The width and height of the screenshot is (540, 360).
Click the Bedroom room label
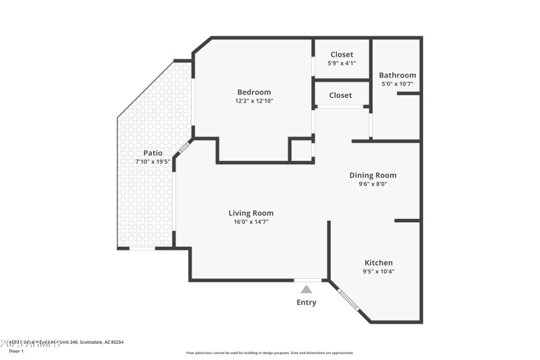254,92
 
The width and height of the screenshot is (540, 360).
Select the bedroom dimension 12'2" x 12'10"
254,101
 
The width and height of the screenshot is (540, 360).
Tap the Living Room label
250,213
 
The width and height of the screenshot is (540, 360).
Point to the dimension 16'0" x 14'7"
250,222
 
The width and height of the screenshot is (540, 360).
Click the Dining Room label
373,175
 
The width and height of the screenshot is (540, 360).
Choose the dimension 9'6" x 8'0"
373,184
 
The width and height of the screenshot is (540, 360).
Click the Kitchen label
379,263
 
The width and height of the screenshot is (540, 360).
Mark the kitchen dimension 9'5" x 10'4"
379,272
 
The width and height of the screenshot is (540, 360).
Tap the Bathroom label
397,75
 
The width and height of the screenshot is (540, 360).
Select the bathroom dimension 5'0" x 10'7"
397,84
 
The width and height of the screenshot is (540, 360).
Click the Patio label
152,153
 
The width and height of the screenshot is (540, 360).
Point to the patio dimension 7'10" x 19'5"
152,161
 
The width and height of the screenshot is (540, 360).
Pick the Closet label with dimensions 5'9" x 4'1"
341,55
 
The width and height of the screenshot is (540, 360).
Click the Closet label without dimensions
340,95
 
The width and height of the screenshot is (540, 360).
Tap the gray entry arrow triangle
306,289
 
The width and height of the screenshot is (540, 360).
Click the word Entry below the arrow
306,302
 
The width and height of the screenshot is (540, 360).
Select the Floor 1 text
16,351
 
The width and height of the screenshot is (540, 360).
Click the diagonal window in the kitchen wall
348,299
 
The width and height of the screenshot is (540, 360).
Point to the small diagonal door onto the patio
184,148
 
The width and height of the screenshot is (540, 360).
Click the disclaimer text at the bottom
269,353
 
